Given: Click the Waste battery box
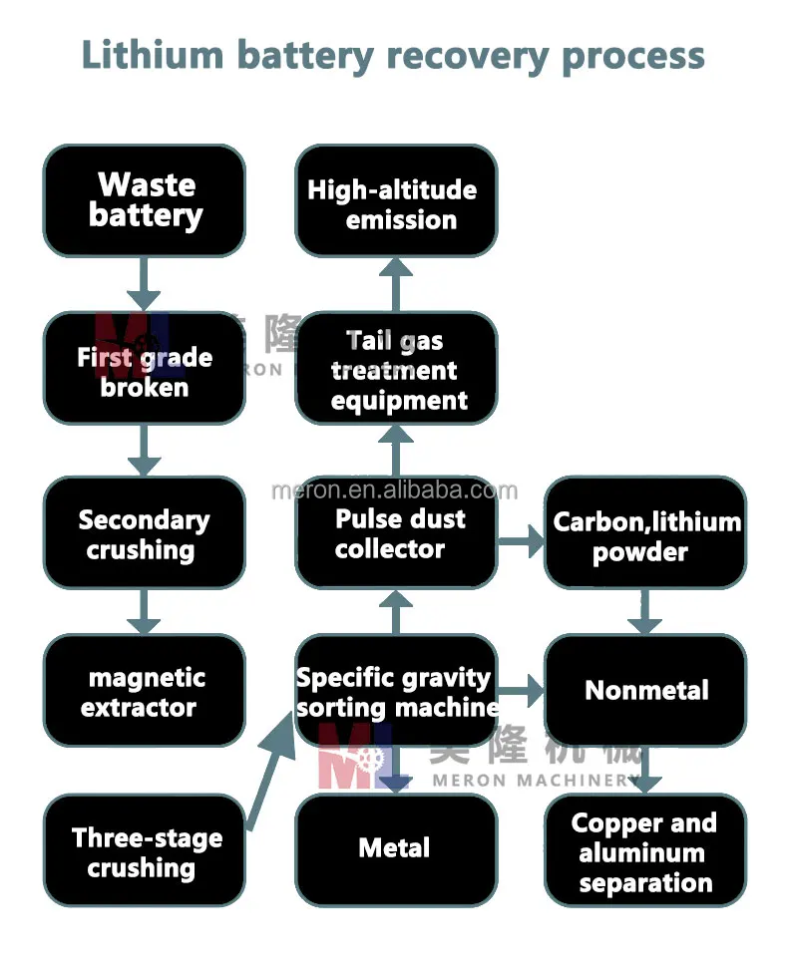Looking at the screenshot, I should tap(144, 200).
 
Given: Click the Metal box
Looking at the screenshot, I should tap(395, 848).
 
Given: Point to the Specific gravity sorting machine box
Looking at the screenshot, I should tap(395, 691).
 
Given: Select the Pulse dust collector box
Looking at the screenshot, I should tap(395, 532).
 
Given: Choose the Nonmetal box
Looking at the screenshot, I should tap(645, 690).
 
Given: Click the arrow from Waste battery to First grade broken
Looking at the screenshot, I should tap(144, 284).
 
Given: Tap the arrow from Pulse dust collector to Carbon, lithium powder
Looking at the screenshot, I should tap(520, 541).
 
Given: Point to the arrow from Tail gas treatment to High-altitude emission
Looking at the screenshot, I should tap(396, 284).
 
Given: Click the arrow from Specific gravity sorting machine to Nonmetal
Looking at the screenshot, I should tap(520, 690).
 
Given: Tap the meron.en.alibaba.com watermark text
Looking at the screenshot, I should tap(395, 489).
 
